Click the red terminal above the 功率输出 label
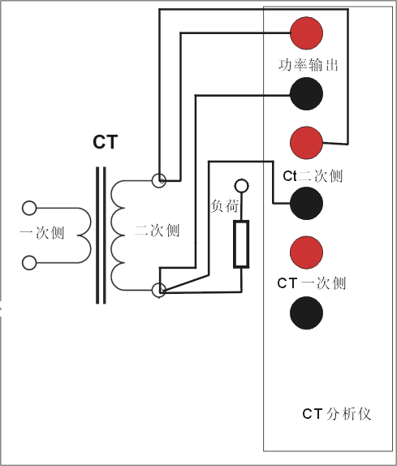(307, 33)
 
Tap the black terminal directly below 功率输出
(307, 93)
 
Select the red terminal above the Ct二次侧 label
(307, 143)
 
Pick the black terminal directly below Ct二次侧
(307, 203)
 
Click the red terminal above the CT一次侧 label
(307, 252)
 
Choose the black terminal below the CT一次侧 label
(307, 313)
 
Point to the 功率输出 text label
(303, 64)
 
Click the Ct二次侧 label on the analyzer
(313, 175)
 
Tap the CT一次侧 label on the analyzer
(311, 283)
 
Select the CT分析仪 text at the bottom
(336, 413)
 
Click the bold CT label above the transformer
(105, 143)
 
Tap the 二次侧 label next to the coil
(158, 231)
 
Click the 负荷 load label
(225, 206)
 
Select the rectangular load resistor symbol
(241, 244)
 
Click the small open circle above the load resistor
(241, 187)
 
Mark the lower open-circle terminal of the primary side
(30, 261)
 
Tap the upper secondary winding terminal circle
(159, 179)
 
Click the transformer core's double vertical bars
(101, 235)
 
